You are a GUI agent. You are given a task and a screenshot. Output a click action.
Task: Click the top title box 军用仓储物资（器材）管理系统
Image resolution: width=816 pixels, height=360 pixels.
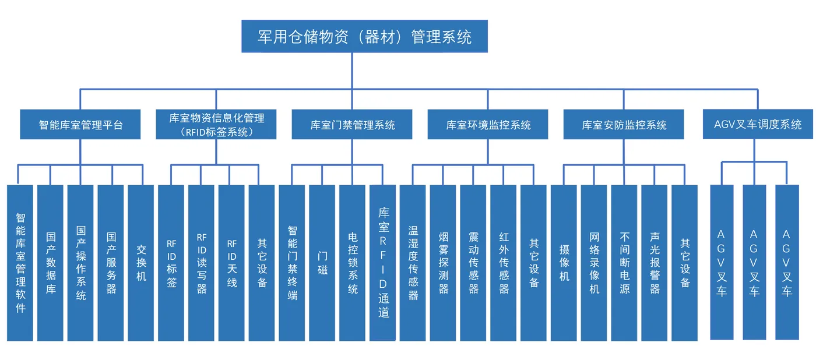pyautogui.click(x=364, y=36)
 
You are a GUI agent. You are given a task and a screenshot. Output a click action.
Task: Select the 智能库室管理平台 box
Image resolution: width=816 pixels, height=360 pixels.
pyautogui.click(x=80, y=125)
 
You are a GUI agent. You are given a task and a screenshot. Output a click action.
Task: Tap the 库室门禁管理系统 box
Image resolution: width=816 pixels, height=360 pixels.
pyautogui.click(x=352, y=125)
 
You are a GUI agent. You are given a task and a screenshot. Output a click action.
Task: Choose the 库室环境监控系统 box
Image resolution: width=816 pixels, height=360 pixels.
pyautogui.click(x=488, y=125)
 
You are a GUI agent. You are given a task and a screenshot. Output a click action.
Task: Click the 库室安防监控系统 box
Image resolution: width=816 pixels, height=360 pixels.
pyautogui.click(x=624, y=125)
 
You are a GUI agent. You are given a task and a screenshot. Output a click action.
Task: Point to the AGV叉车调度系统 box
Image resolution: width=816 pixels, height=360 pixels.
pyautogui.click(x=758, y=124)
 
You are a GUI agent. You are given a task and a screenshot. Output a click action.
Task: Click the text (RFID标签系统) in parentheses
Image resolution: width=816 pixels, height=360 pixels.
pyautogui.click(x=216, y=132)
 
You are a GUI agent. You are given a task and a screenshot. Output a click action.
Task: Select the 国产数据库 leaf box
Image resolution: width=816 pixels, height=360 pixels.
pyautogui.click(x=51, y=263)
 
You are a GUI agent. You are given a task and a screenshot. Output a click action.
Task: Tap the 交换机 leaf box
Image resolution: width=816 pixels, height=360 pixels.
pyautogui.click(x=141, y=263)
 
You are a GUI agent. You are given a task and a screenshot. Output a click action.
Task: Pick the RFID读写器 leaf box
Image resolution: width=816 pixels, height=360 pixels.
pyautogui.click(x=202, y=263)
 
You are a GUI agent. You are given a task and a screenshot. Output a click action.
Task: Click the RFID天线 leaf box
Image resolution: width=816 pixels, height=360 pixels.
pyautogui.click(x=232, y=263)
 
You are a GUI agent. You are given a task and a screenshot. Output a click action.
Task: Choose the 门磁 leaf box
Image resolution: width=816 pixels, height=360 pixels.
pyautogui.click(x=322, y=263)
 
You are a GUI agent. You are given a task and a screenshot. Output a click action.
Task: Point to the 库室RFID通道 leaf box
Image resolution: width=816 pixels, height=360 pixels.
pyautogui.click(x=383, y=263)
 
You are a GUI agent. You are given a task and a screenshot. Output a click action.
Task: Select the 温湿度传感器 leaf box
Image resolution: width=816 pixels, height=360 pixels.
pyautogui.click(x=413, y=263)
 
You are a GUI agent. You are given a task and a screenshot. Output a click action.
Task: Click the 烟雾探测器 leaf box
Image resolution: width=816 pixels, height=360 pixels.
pyautogui.click(x=443, y=263)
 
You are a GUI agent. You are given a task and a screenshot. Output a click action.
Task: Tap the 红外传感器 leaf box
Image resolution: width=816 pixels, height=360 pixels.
pyautogui.click(x=504, y=263)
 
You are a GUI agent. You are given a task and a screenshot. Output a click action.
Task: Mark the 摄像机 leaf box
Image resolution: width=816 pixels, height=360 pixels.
pyautogui.click(x=564, y=263)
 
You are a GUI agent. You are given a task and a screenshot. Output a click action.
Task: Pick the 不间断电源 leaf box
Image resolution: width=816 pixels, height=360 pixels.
pyautogui.click(x=624, y=263)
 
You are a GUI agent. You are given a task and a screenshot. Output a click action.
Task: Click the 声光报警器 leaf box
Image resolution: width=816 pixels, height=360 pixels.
pyautogui.click(x=655, y=263)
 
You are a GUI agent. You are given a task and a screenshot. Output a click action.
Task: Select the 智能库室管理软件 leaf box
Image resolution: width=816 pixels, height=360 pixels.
pyautogui.click(x=20, y=263)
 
